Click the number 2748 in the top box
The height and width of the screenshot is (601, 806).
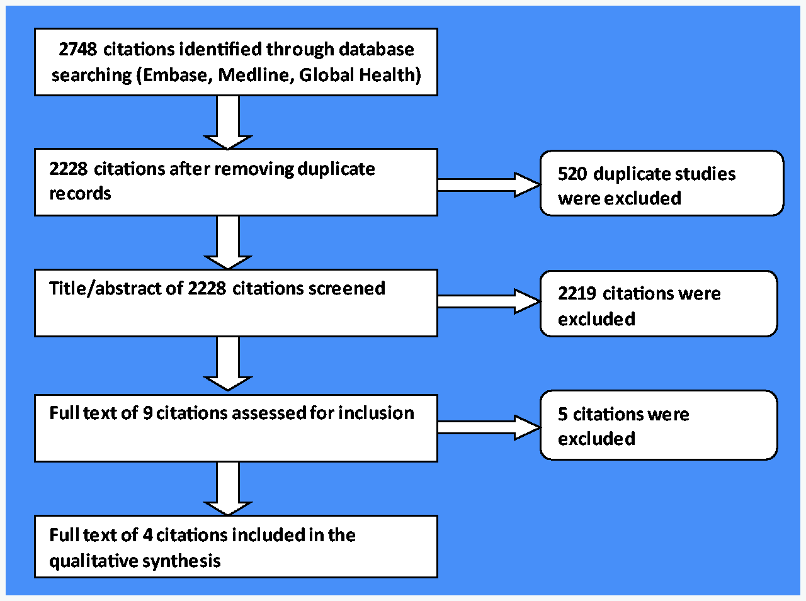(x=78, y=49)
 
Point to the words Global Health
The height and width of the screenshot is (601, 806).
(x=357, y=76)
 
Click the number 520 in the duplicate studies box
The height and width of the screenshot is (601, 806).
(x=572, y=174)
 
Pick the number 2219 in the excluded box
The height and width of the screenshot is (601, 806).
(x=577, y=293)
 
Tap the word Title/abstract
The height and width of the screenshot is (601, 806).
(x=105, y=288)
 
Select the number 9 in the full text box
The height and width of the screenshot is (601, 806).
(x=147, y=413)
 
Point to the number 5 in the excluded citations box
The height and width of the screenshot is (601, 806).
(x=562, y=414)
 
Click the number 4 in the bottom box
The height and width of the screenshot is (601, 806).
(x=147, y=536)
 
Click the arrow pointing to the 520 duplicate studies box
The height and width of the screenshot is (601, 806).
(x=489, y=185)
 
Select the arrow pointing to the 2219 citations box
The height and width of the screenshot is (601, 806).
(x=489, y=301)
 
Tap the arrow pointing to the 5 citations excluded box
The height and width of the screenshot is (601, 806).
(x=489, y=427)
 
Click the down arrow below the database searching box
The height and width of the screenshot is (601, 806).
(x=228, y=123)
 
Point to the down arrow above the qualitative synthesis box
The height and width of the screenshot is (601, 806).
(x=228, y=489)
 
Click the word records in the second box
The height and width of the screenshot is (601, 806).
(x=80, y=194)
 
